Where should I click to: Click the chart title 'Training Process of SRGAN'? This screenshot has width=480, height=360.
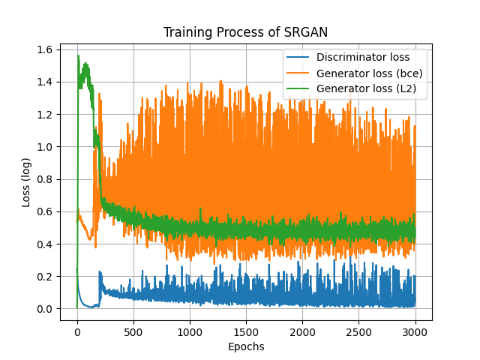245,32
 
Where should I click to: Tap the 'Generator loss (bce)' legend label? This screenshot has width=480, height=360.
369,73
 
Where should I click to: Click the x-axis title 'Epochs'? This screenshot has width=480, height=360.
245,347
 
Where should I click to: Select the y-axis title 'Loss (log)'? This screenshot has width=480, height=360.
26,179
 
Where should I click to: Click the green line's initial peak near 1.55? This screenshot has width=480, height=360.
78,56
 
